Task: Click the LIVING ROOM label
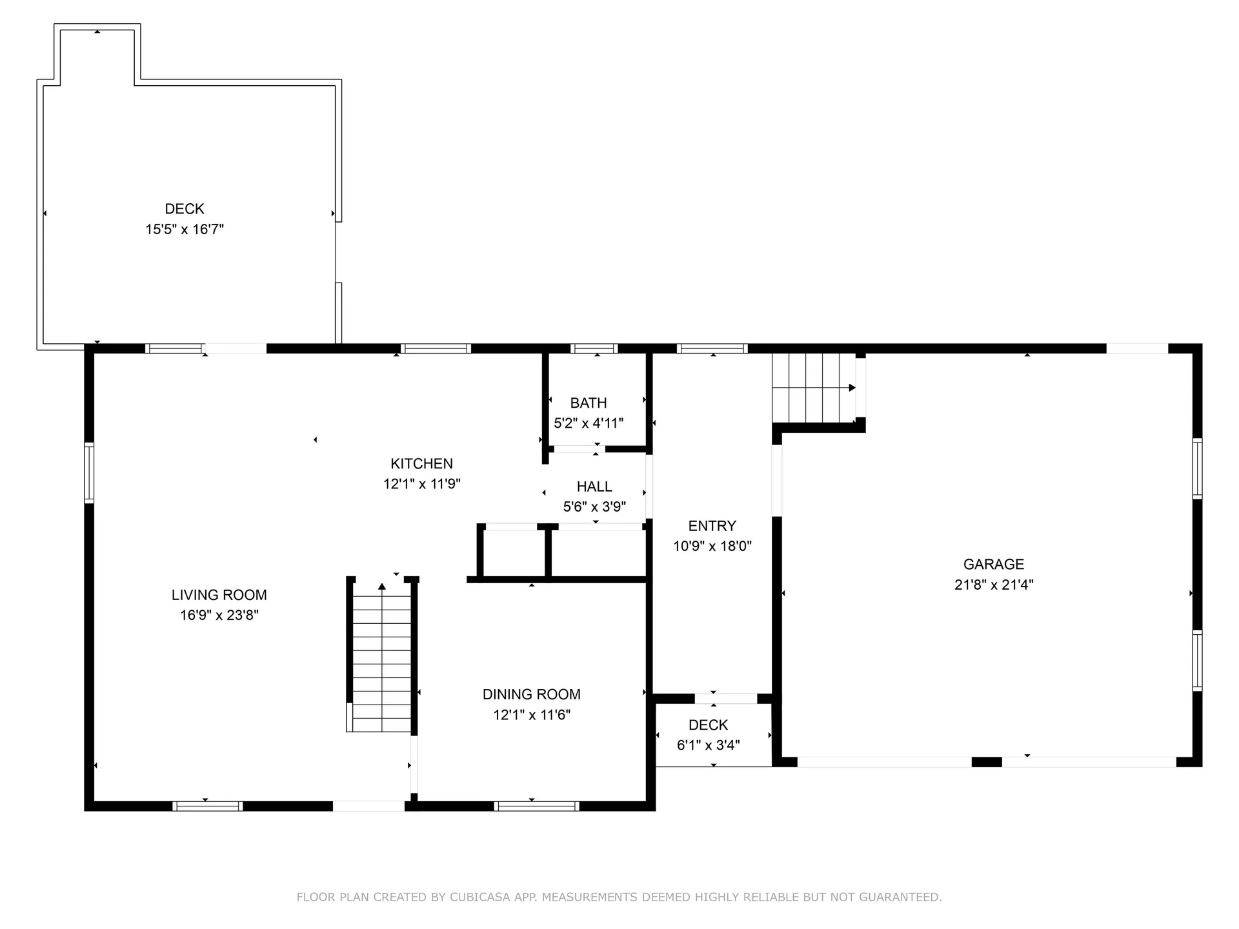tap(219, 595)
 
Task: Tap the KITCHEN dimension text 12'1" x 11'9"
tap(421, 484)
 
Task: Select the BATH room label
tap(588, 403)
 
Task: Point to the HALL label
tap(594, 486)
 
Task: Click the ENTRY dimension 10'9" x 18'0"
tap(712, 546)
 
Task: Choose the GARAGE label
tap(993, 564)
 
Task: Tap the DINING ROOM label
tap(531, 694)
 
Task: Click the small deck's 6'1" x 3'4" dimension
tap(708, 746)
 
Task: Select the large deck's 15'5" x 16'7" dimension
tap(185, 229)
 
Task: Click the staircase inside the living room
tap(381, 658)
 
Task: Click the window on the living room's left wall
tap(89, 472)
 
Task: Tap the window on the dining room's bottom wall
tap(536, 806)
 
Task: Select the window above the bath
tap(594, 348)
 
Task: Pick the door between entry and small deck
tap(725, 699)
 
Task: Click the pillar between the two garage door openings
tap(986, 762)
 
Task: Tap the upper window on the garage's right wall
tap(1197, 468)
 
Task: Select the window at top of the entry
tap(712, 348)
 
